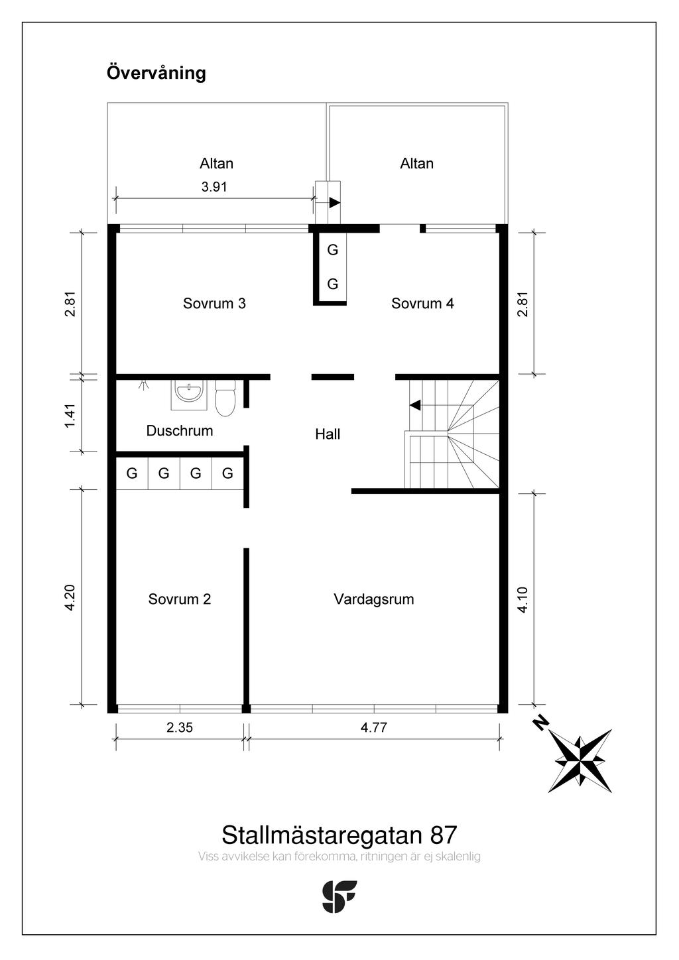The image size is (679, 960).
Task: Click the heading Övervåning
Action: (156, 73)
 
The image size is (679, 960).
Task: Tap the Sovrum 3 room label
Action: (214, 304)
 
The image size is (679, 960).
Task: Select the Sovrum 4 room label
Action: (422, 304)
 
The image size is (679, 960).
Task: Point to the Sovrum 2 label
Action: (180, 599)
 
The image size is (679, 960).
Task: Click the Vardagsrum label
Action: (374, 599)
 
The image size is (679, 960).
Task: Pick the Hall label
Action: (328, 434)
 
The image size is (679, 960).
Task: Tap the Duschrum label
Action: (180, 431)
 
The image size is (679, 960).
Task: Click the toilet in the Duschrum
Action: (225, 398)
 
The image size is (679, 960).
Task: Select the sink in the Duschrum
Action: (188, 394)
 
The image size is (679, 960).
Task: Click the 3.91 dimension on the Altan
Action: (214, 187)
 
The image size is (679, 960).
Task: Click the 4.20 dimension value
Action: (70, 597)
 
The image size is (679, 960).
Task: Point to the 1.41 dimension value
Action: (70, 415)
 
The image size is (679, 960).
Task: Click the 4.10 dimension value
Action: (523, 600)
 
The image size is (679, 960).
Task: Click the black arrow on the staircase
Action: (415, 405)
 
